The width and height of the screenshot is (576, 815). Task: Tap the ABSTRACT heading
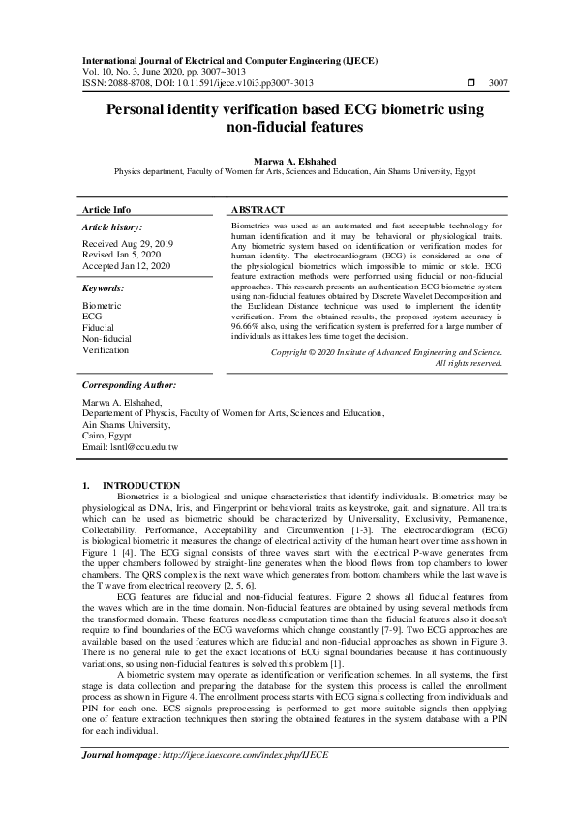pyautogui.click(x=258, y=209)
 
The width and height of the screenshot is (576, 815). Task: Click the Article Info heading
pyautogui.click(x=107, y=209)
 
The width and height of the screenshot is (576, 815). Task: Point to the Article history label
pyautogui.click(x=114, y=226)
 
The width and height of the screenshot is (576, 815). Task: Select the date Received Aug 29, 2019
pyautogui.click(x=129, y=243)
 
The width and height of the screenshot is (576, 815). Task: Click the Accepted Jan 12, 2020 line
pyautogui.click(x=127, y=265)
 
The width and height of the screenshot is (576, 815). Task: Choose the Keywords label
pyautogui.click(x=104, y=288)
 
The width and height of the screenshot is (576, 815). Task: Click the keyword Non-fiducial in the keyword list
pyautogui.click(x=106, y=339)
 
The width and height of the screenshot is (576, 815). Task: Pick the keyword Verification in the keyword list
pyautogui.click(x=106, y=350)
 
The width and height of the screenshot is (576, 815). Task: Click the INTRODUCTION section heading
pyautogui.click(x=141, y=485)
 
